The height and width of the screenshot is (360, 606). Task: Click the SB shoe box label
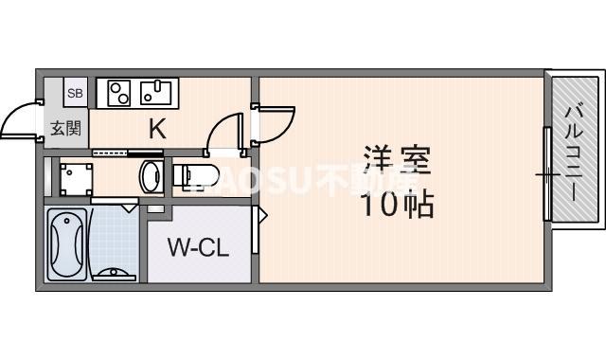point(76,92)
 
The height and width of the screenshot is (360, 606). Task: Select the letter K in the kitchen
point(157,129)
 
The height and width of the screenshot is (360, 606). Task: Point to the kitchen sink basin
point(153,93)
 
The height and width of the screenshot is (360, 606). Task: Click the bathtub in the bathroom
point(67,244)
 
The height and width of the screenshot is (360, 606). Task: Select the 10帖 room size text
point(396,204)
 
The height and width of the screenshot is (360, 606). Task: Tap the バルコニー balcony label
point(574,152)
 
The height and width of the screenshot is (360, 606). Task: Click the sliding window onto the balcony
point(546,175)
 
